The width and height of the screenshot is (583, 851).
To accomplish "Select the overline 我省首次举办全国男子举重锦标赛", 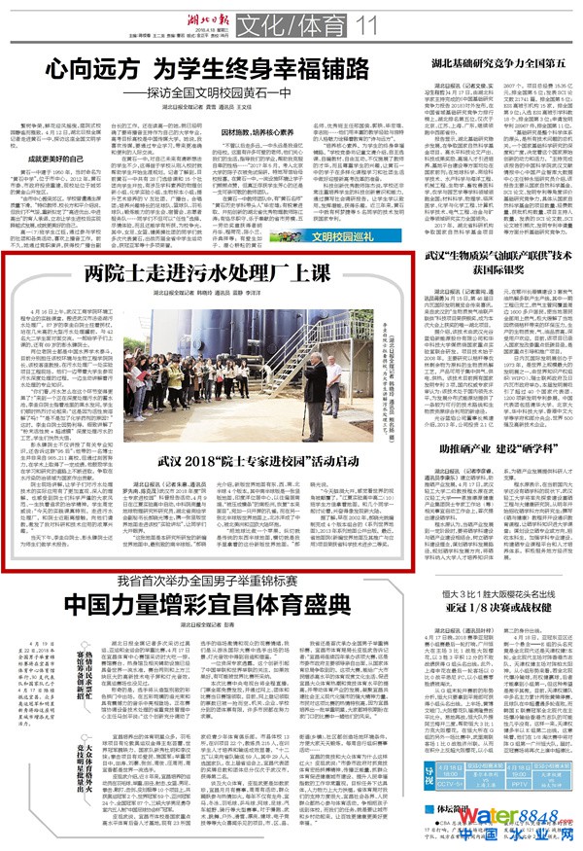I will [x=189, y=608].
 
